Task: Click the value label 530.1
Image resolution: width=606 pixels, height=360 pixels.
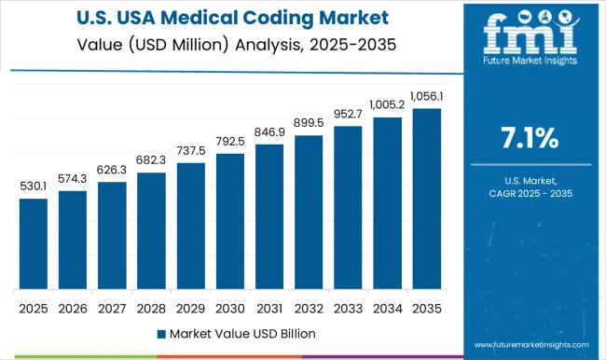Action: click(x=33, y=187)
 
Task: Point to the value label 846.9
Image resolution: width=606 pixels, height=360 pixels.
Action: click(x=269, y=132)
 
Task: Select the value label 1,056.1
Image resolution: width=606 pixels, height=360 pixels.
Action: click(x=427, y=96)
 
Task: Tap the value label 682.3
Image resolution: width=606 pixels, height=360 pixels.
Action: click(x=151, y=160)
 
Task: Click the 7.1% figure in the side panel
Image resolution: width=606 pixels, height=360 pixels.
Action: click(x=529, y=140)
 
